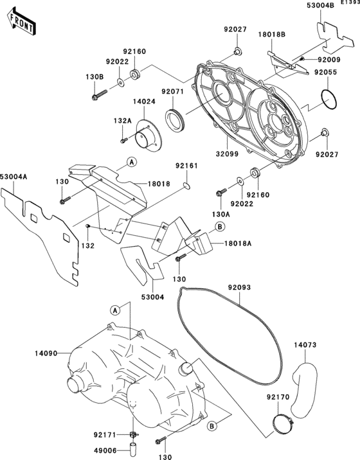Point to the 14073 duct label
coord(306,345)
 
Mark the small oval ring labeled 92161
coord(186,186)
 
